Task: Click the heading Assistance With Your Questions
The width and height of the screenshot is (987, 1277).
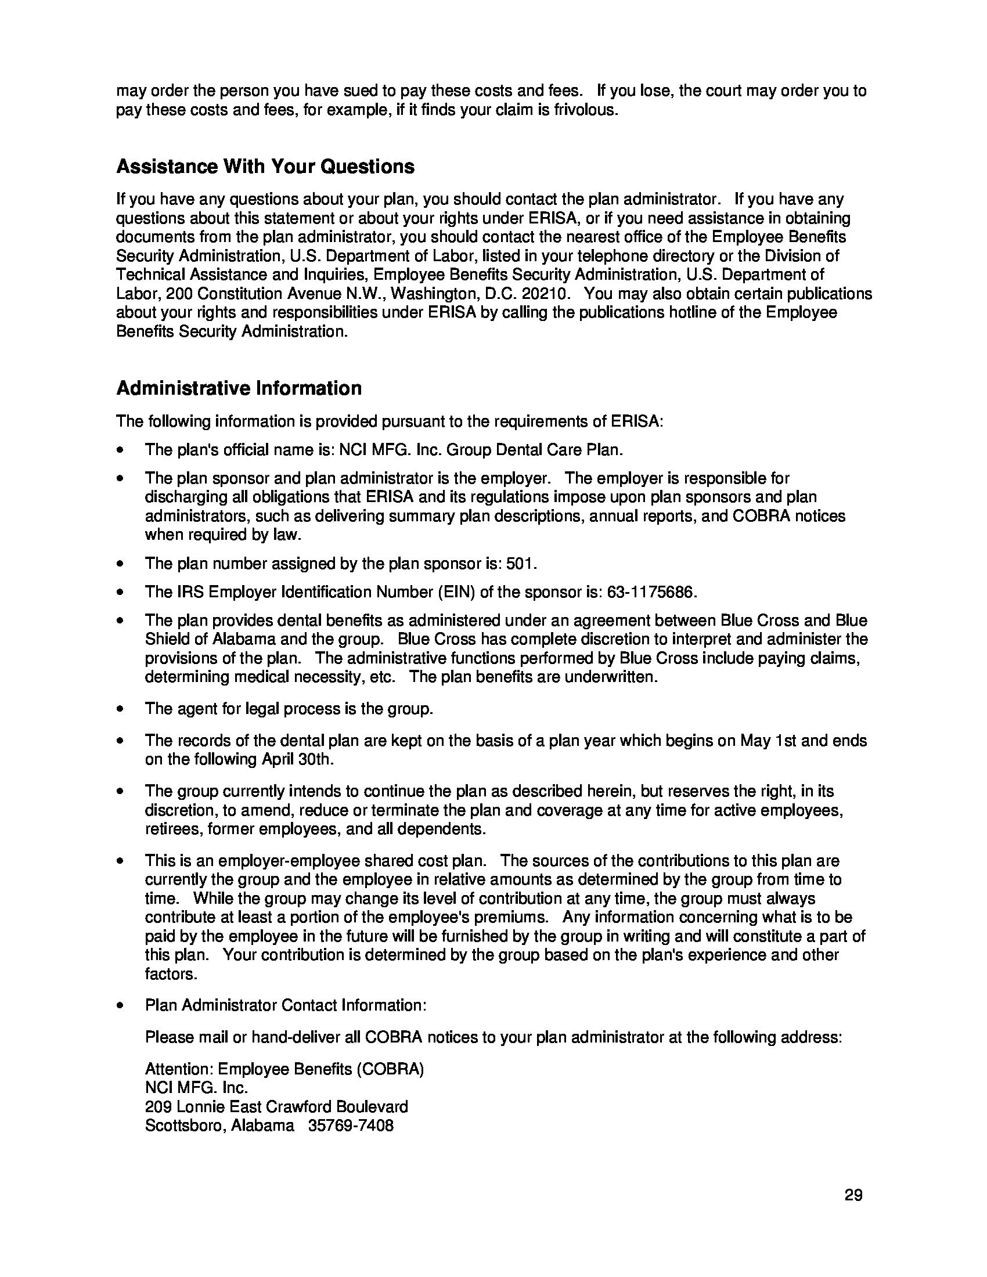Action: point(265,167)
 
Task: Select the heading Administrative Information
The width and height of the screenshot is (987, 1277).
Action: point(239,388)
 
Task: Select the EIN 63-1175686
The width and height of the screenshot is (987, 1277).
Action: point(651,592)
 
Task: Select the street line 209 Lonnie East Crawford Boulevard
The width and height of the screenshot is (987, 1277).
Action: point(276,1107)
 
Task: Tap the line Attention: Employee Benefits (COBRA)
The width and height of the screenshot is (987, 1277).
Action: point(284,1069)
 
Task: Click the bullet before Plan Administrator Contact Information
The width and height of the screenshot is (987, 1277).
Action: point(120,1006)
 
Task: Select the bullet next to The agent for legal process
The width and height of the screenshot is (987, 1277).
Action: point(120,709)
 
